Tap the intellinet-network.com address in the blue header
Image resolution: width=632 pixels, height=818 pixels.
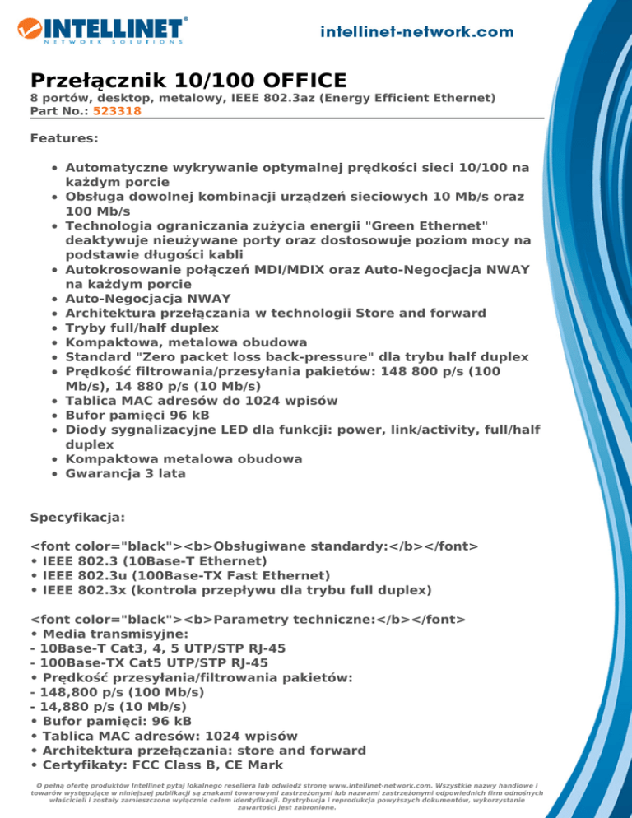point(417,31)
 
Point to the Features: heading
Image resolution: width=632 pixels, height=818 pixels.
point(63,139)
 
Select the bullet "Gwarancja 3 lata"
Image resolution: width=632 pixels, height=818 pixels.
point(125,474)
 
